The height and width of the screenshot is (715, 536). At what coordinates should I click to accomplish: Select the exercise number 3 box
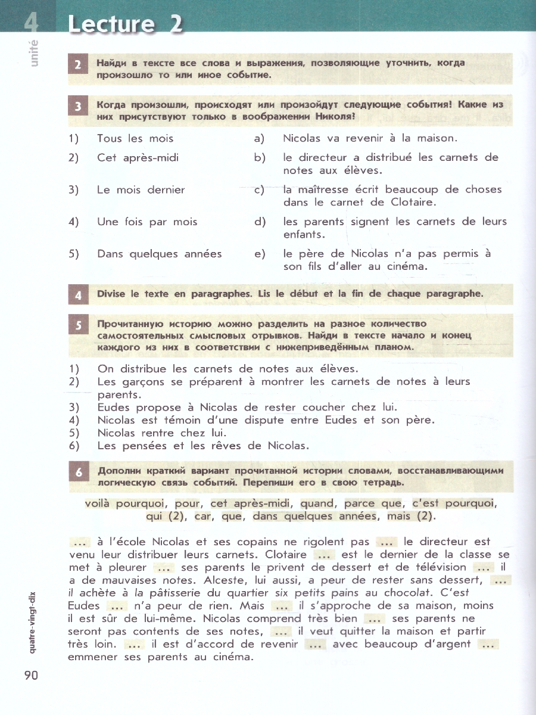click(x=78, y=107)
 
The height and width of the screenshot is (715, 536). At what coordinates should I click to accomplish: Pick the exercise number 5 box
click(x=78, y=325)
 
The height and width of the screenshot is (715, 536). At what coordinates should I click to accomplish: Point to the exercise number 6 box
click(x=78, y=472)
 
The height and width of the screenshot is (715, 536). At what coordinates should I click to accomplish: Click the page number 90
click(x=31, y=676)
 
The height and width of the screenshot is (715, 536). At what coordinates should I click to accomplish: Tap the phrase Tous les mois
click(x=135, y=139)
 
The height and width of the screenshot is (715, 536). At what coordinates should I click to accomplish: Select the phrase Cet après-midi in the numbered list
click(x=138, y=158)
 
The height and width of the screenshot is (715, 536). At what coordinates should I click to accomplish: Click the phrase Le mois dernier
click(x=141, y=190)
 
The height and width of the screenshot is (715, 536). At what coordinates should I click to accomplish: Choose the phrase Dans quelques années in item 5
click(x=159, y=254)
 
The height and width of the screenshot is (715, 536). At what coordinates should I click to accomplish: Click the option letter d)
click(x=259, y=222)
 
